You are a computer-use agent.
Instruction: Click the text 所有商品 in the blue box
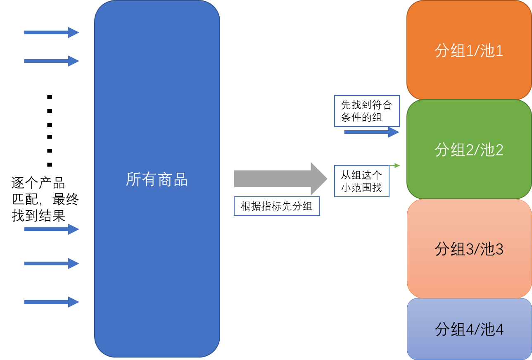pyautogui.click(x=157, y=180)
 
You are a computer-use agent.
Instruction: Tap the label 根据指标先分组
pyautogui.click(x=277, y=206)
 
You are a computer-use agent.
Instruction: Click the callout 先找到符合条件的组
pyautogui.click(x=367, y=111)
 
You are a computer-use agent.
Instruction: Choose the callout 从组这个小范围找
pyautogui.click(x=361, y=181)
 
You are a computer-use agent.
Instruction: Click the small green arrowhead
pyautogui.click(x=397, y=165)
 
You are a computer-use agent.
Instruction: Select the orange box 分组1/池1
pyautogui.click(x=469, y=50)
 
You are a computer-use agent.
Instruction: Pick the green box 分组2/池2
pyautogui.click(x=469, y=150)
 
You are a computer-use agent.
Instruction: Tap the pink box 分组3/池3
pyautogui.click(x=469, y=249)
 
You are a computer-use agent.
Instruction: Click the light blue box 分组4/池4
pyautogui.click(x=469, y=329)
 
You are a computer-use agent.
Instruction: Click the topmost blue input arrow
pyautogui.click(x=51, y=32)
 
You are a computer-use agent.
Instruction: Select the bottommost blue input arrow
pyautogui.click(x=51, y=302)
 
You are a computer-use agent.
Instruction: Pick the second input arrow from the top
pyautogui.click(x=51, y=61)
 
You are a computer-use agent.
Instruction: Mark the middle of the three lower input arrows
pyautogui.click(x=51, y=263)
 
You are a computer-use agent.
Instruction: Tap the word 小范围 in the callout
pyautogui.click(x=356, y=188)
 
